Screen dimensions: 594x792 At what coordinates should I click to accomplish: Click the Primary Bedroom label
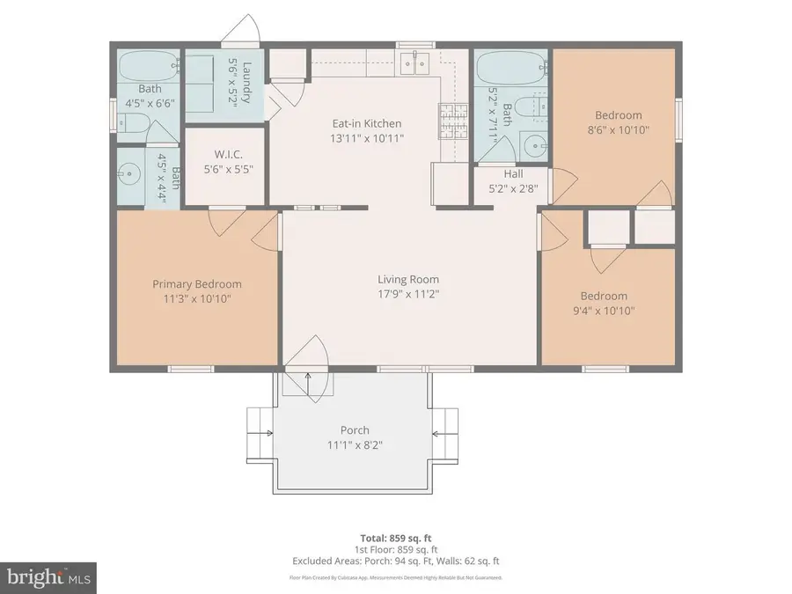click(x=197, y=284)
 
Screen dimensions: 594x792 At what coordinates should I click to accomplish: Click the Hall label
click(x=513, y=174)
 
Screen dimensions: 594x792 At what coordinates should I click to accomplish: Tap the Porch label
click(x=355, y=430)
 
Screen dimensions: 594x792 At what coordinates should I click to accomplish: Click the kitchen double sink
click(x=412, y=62)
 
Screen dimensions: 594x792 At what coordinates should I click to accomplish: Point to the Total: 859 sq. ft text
click(x=395, y=538)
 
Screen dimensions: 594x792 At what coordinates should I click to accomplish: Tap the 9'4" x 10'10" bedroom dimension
click(x=603, y=310)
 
